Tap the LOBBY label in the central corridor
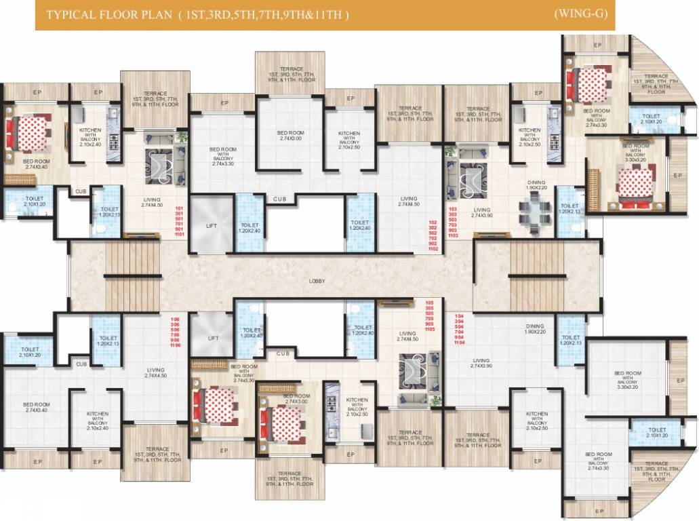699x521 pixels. (316, 280)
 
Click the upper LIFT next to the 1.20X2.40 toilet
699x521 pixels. (212, 225)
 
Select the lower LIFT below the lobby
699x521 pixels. (212, 337)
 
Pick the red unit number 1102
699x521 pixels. (433, 250)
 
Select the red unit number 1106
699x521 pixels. (175, 345)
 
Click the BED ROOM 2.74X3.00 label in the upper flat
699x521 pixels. (289, 136)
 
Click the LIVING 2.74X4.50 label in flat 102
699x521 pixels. (410, 201)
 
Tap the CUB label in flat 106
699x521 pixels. (81, 364)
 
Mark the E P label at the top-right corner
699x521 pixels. (597, 45)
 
